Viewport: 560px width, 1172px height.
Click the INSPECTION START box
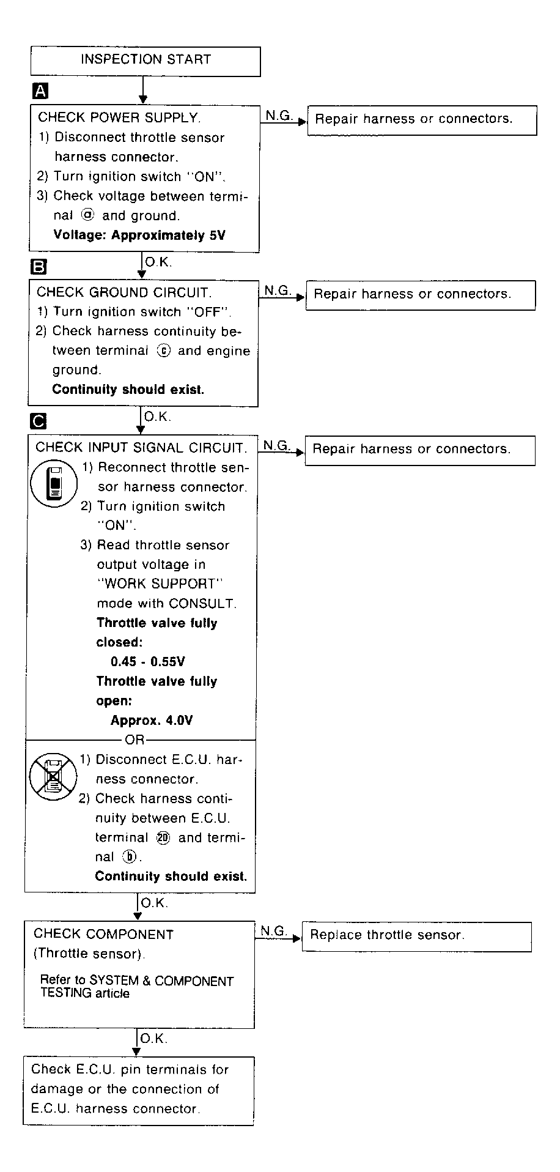tap(146, 61)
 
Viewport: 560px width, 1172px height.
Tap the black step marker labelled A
tap(40, 92)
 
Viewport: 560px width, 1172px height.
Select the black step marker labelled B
tap(39, 267)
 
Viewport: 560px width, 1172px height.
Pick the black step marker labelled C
tap(38, 421)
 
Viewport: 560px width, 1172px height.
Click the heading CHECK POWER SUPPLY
tap(119, 117)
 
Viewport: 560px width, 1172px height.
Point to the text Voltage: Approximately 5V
tap(139, 236)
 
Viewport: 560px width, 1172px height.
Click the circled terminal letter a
tap(87, 215)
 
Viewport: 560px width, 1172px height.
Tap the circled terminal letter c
tap(163, 350)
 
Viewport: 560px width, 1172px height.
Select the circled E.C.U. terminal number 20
tap(163, 838)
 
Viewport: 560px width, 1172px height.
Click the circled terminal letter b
tap(127, 857)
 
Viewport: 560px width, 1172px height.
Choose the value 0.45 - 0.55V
tap(148, 662)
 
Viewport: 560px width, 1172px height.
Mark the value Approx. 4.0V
tap(151, 721)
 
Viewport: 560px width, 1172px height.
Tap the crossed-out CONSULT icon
tap(53, 777)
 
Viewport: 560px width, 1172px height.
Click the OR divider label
tap(134, 740)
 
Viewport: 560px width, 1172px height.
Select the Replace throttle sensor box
tap(416, 935)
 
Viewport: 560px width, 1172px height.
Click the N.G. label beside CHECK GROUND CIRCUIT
tap(278, 291)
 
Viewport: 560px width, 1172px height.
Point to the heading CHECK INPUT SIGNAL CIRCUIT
tap(141, 447)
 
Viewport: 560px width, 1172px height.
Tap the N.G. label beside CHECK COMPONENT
tap(273, 930)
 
